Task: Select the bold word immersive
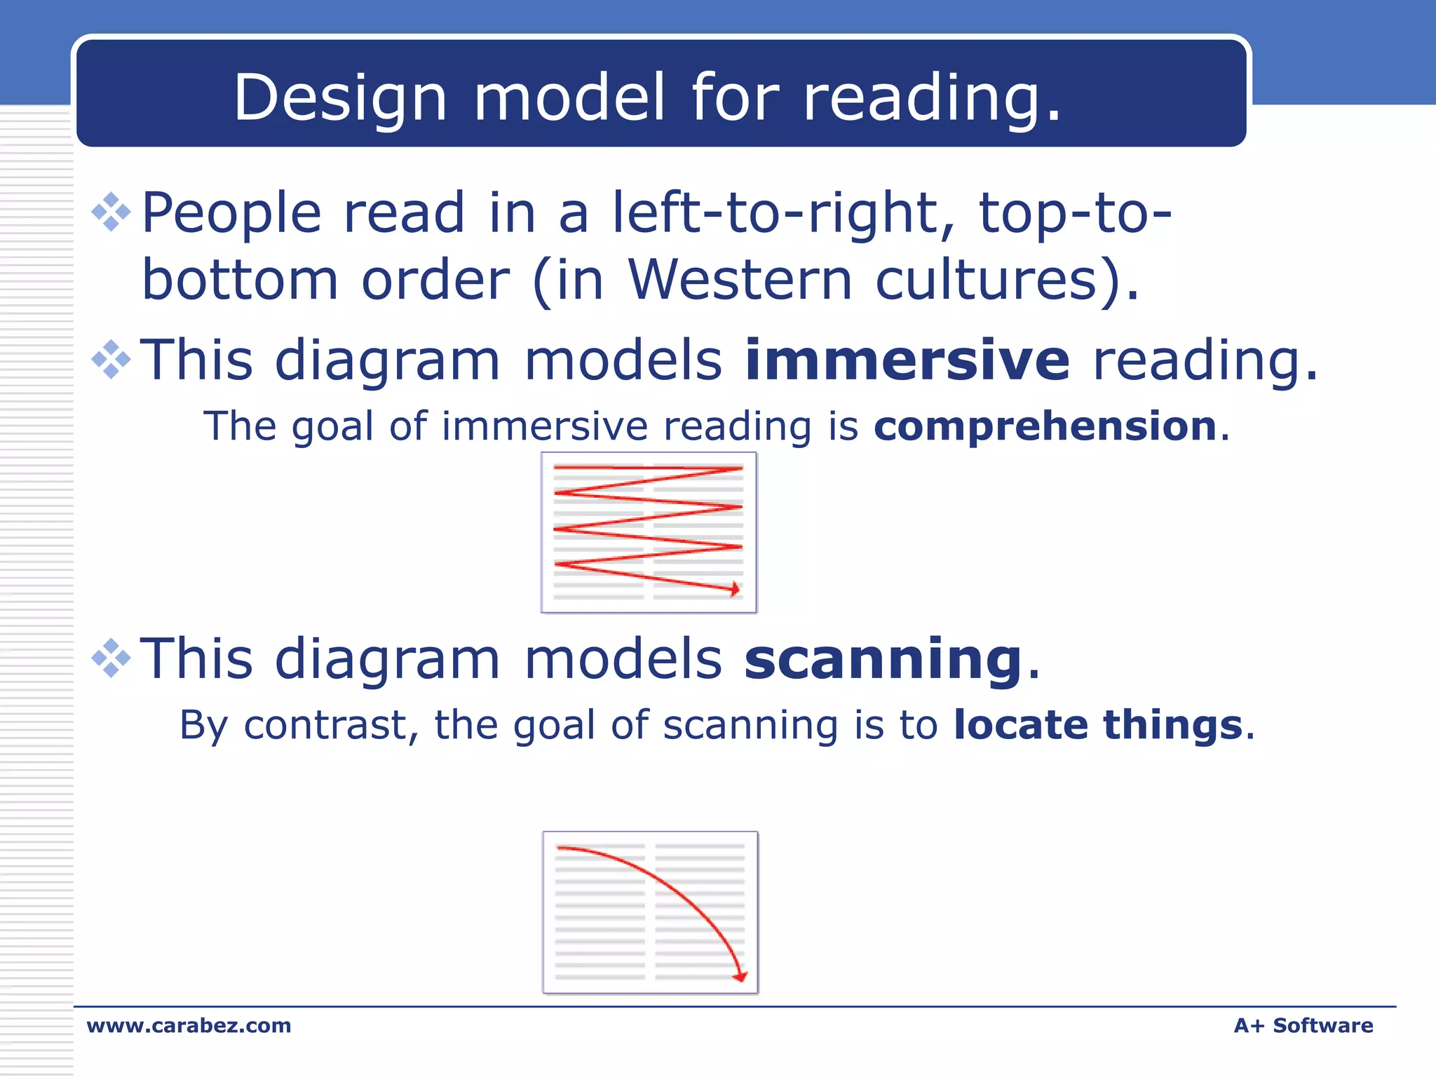(x=907, y=360)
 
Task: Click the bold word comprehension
(x=1045, y=426)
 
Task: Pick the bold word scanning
(x=883, y=658)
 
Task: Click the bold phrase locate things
(x=1098, y=725)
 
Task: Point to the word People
(x=232, y=213)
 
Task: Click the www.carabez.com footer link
(x=189, y=1026)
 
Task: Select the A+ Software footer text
(x=1303, y=1026)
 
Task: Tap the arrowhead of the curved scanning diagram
(x=740, y=976)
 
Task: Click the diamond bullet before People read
(x=111, y=212)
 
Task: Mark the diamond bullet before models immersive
(x=111, y=360)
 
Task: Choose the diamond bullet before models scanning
(x=111, y=658)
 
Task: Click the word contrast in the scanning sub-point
(x=325, y=725)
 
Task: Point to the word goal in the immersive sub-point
(x=332, y=426)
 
